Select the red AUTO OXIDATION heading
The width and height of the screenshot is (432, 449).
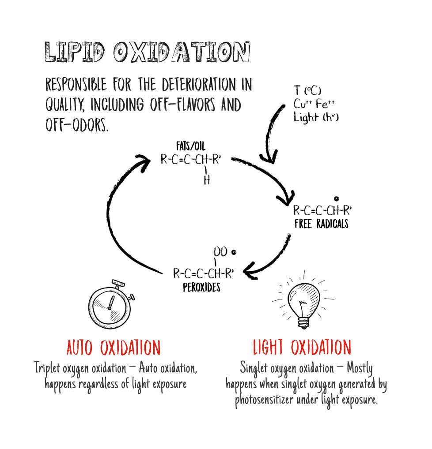point(114,348)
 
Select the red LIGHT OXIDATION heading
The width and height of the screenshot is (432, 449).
point(302,348)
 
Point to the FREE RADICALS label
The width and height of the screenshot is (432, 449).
point(322,224)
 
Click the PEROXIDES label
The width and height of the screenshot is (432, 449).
point(202,288)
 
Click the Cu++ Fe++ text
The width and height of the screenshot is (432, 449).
point(314,104)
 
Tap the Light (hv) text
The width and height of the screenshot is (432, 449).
point(315,117)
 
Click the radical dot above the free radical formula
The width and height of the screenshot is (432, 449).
point(337,199)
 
